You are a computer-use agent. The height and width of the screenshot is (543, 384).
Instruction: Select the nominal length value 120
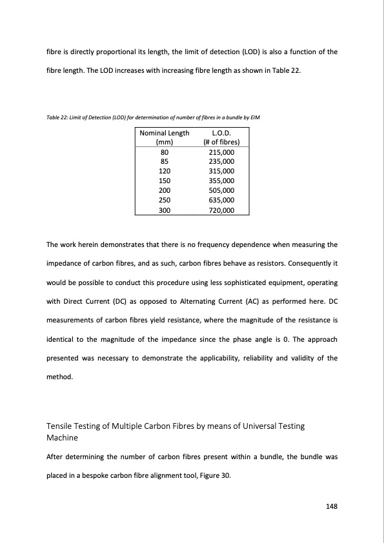164,171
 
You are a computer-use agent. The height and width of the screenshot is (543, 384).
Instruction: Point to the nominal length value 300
164,210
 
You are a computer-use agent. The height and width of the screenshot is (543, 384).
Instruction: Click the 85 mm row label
164,161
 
